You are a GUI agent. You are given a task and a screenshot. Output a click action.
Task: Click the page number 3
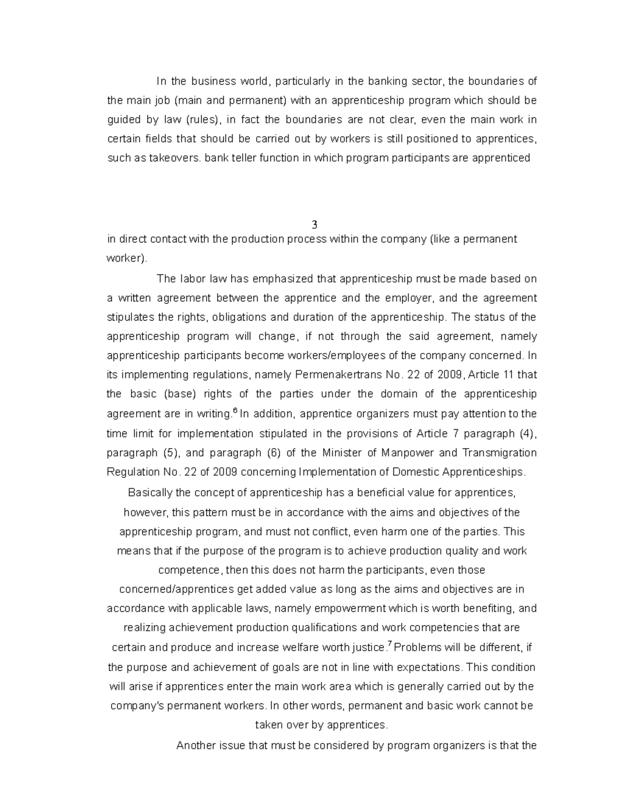(x=314, y=225)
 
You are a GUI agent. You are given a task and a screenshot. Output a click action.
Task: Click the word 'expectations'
(x=429, y=667)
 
